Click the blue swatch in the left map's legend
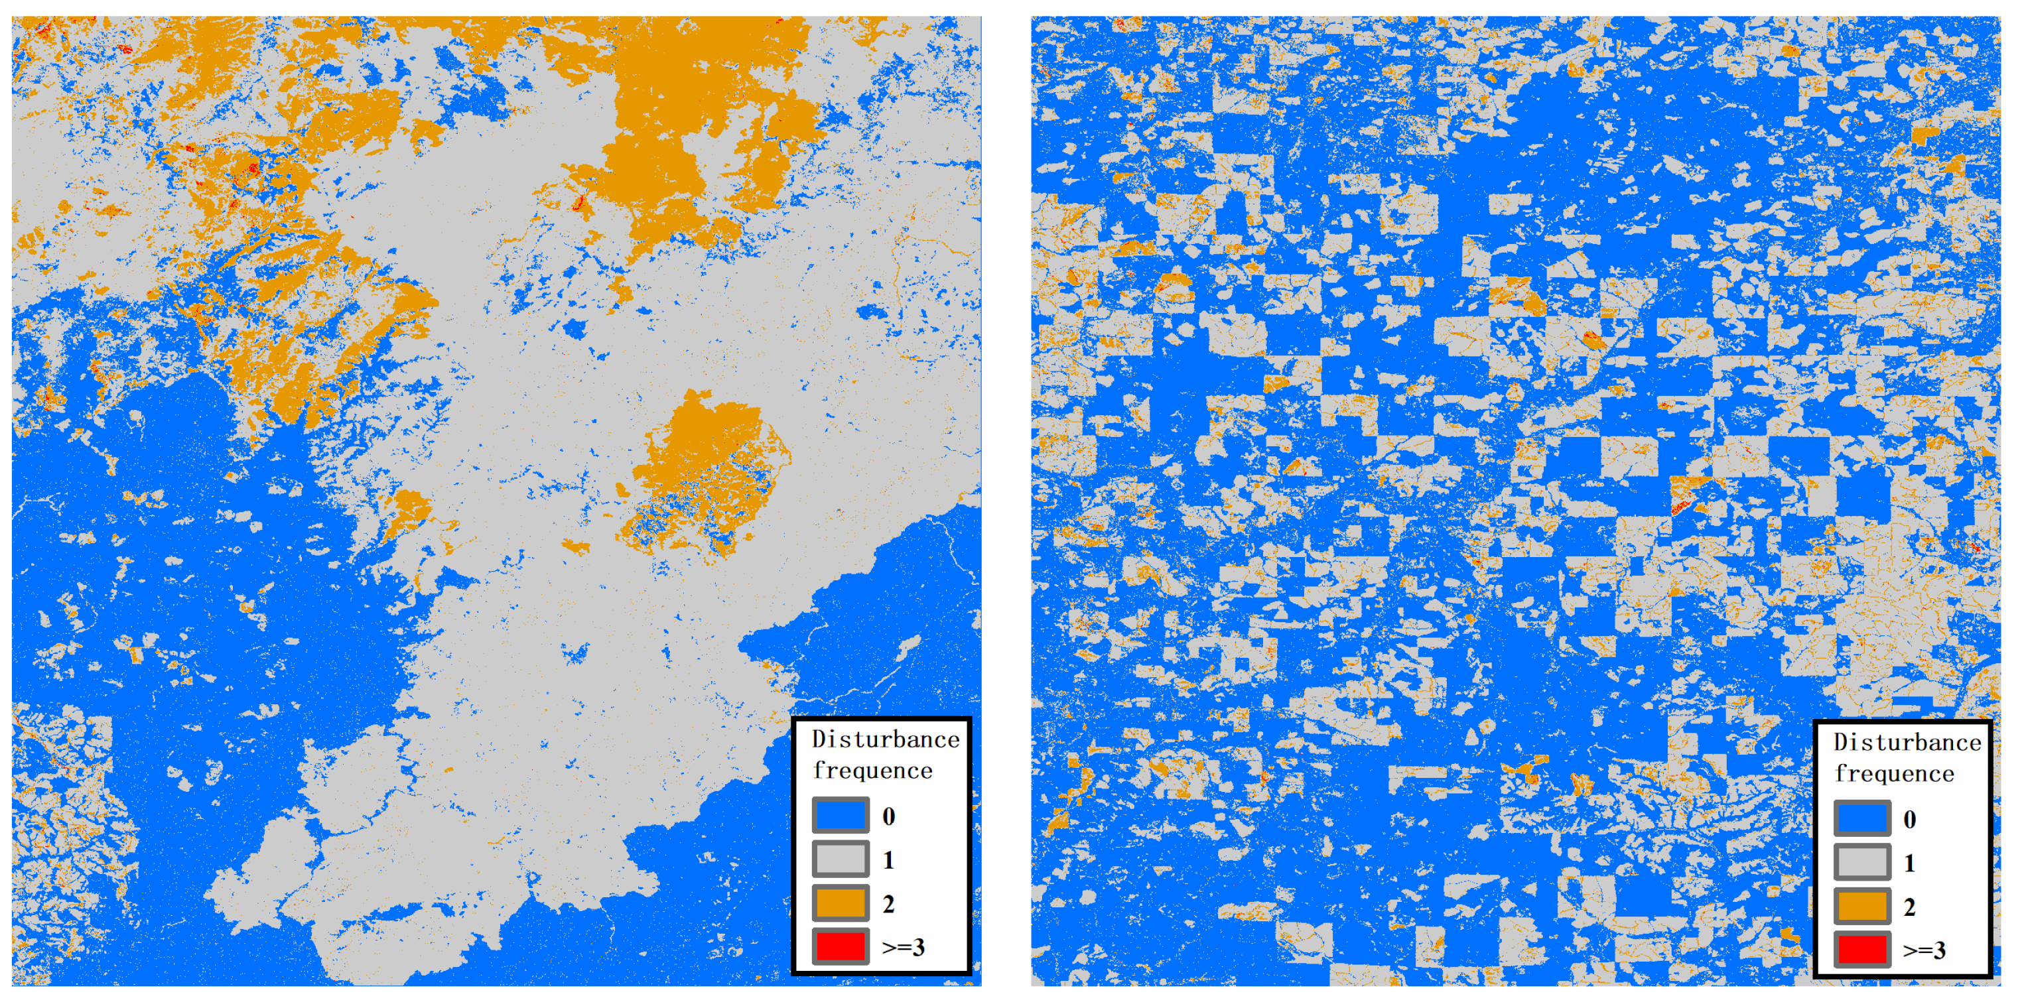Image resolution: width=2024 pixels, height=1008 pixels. pos(840,816)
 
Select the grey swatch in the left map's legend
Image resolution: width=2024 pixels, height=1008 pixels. pos(840,859)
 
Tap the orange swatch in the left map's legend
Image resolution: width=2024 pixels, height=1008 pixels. pos(840,903)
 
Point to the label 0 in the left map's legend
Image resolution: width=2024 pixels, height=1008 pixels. pos(889,816)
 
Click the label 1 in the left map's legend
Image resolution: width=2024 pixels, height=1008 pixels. pos(889,860)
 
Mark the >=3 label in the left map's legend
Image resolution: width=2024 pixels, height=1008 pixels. pos(903,948)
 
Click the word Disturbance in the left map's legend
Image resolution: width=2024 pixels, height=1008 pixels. pos(886,739)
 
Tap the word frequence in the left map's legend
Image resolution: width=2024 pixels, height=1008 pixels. pos(872,771)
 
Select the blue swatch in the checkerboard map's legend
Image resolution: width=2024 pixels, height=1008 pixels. pos(1862,818)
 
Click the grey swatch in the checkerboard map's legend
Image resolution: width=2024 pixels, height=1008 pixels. pos(1862,862)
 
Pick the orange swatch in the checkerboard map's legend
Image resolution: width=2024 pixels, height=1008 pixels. pos(1862,906)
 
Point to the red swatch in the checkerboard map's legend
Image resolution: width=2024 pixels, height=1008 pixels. pos(1862,949)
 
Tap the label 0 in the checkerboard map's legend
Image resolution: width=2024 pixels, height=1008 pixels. pos(1910,820)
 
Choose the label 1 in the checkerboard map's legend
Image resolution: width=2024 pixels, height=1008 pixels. pos(1910,863)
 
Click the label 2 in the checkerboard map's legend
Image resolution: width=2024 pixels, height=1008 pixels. pos(1910,907)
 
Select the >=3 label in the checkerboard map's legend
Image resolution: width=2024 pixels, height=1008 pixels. pos(1924,951)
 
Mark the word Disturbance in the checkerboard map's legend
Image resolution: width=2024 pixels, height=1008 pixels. pos(1907,743)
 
